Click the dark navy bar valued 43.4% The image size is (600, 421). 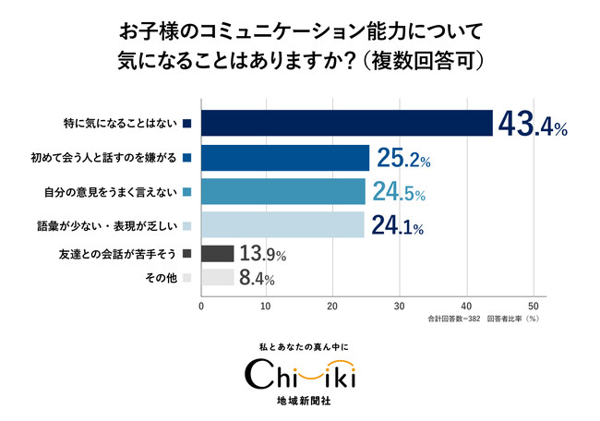point(347,123)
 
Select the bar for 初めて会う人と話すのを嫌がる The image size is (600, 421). point(285,158)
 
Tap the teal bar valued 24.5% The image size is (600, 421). point(283,191)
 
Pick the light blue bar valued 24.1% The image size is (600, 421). point(282,224)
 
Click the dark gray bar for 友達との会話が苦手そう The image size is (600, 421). point(218,254)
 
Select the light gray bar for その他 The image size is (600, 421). point(218,278)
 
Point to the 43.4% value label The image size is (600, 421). point(533,124)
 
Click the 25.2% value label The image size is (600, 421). point(403,158)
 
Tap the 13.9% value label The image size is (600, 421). point(263,254)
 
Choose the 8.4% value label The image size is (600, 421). point(257,278)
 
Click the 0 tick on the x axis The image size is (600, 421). point(201,307)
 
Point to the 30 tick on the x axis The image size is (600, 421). point(400,307)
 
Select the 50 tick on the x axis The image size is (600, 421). point(533,307)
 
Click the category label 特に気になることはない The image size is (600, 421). point(120,124)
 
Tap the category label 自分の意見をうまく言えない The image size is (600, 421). point(111,192)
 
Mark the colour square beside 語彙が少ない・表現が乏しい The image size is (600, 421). point(187,226)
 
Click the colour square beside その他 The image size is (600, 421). point(187,278)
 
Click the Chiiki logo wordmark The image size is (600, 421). point(300,374)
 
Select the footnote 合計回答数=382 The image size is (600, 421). point(454,319)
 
